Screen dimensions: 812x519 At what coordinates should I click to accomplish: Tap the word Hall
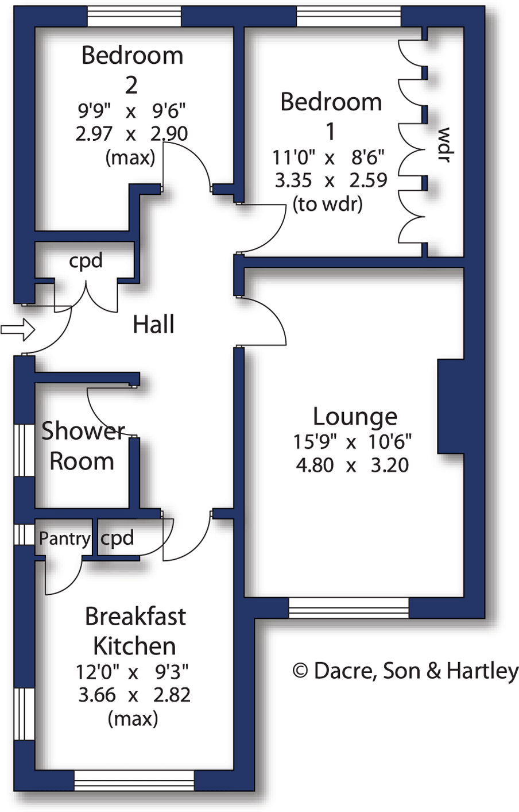[153, 325]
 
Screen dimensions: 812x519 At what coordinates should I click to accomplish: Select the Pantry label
[64, 539]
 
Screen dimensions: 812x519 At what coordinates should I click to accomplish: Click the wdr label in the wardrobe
[444, 145]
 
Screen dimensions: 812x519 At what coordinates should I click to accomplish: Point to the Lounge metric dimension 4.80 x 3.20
[352, 465]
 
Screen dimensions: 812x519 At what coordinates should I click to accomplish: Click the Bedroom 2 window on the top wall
[134, 17]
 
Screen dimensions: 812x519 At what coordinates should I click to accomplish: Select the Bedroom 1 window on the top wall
[348, 17]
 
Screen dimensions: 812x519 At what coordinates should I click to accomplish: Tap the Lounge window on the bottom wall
[348, 607]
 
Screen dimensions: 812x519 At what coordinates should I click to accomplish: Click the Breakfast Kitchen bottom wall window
[134, 780]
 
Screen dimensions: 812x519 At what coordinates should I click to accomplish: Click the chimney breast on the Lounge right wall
[450, 406]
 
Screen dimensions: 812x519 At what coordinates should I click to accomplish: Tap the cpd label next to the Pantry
[117, 538]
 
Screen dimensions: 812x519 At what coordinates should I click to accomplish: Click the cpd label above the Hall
[86, 261]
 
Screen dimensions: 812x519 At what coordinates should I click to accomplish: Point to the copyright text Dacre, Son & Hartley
[405, 671]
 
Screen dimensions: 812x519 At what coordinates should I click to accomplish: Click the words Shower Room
[82, 447]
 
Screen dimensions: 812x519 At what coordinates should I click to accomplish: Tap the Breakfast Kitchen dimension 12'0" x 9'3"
[133, 671]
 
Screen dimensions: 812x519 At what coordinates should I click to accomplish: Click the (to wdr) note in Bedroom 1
[328, 204]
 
